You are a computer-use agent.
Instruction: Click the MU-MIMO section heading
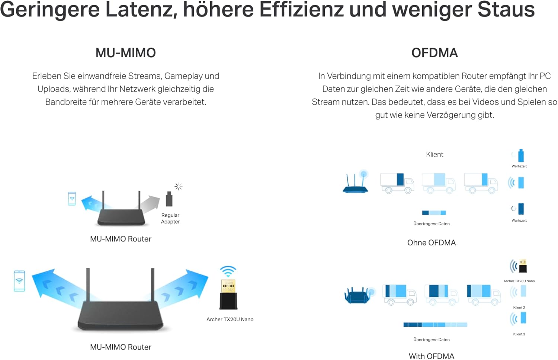point(125,53)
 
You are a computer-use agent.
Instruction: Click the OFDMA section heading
point(434,53)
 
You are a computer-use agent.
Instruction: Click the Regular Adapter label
point(170,218)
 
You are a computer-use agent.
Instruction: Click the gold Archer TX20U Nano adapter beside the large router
point(228,295)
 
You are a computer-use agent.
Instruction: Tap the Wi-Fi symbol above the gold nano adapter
point(228,271)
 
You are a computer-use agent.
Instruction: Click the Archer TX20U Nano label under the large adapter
point(230,319)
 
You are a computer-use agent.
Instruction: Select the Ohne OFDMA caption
point(431,243)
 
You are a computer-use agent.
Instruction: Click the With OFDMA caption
point(431,356)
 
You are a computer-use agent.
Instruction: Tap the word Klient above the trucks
point(434,154)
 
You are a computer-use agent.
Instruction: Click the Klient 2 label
point(519,308)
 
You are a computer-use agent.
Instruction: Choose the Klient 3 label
point(519,334)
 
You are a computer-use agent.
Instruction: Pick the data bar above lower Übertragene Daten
point(435,325)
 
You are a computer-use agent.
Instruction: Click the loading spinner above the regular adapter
point(179,187)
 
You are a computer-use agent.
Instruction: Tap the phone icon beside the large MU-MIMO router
point(19,281)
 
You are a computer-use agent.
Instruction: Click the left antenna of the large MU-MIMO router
point(88,285)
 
